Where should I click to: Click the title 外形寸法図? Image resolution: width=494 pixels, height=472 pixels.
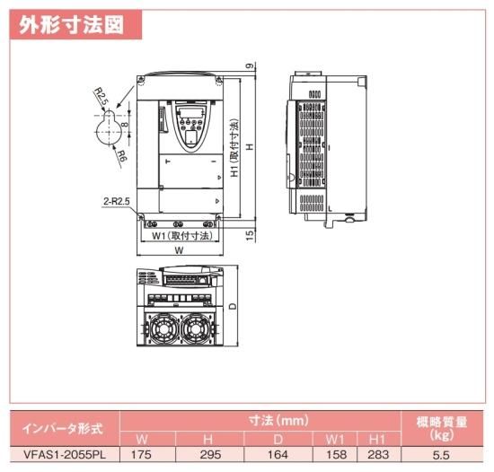pos(71,25)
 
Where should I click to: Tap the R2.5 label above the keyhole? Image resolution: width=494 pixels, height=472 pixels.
pos(101,97)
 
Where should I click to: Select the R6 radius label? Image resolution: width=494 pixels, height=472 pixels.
pos(121,156)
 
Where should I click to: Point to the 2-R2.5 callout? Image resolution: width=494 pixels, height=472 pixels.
pos(117,201)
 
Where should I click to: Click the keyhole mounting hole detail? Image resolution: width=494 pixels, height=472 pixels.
pos(109,127)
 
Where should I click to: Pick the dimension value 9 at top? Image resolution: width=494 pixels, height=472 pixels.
pos(250,66)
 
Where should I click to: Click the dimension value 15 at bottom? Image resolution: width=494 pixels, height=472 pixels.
pos(250,235)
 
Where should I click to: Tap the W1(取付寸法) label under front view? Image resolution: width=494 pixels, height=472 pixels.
pos(182,236)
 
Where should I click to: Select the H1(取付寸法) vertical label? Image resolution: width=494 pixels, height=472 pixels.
pos(234,147)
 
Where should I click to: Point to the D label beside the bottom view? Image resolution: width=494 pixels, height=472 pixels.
pos(233,306)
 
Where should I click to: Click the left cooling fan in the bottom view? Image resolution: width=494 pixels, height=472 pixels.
pos(163,328)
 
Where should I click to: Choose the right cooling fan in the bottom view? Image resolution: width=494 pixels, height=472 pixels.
pos(195,328)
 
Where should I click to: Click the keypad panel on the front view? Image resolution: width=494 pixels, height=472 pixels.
pos(191,127)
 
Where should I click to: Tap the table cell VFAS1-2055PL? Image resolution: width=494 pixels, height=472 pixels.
pos(65,455)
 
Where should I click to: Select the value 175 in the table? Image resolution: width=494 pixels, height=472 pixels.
pos(141,455)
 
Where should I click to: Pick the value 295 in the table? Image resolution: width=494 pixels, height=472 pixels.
pos(210,455)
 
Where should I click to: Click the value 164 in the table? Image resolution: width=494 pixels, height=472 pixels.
pos(278,455)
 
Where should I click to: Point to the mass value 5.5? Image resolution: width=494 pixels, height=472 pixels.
pos(441,455)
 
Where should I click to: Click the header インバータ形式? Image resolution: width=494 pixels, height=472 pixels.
pos(63,429)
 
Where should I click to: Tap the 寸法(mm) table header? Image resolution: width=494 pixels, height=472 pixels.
pos(278,420)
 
